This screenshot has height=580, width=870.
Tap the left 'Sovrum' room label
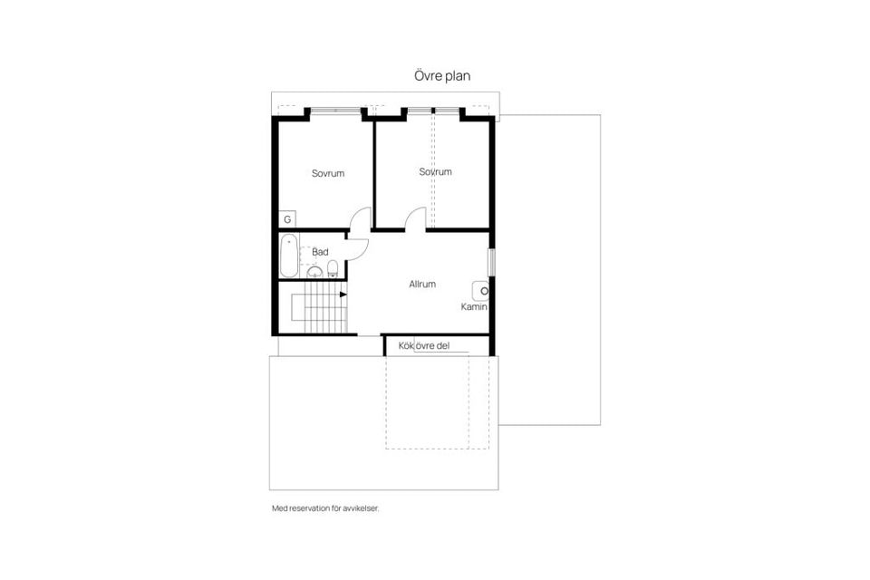[328, 173]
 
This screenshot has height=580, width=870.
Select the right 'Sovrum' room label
[435, 171]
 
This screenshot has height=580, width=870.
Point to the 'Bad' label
[320, 252]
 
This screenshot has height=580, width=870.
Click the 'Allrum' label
[422, 284]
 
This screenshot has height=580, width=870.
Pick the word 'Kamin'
[474, 307]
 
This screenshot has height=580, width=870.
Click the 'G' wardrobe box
[287, 219]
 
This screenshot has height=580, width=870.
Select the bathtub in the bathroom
[288, 256]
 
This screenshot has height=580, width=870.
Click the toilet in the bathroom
[333, 267]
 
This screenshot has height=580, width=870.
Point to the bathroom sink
[314, 271]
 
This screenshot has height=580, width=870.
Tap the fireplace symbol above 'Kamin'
[481, 291]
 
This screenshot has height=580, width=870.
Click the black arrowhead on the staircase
[343, 294]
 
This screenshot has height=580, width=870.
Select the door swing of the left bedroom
[362, 218]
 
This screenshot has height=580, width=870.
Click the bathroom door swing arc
[359, 248]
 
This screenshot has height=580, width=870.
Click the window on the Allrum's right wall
[492, 260]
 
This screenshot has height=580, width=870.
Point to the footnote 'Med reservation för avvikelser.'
[325, 508]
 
